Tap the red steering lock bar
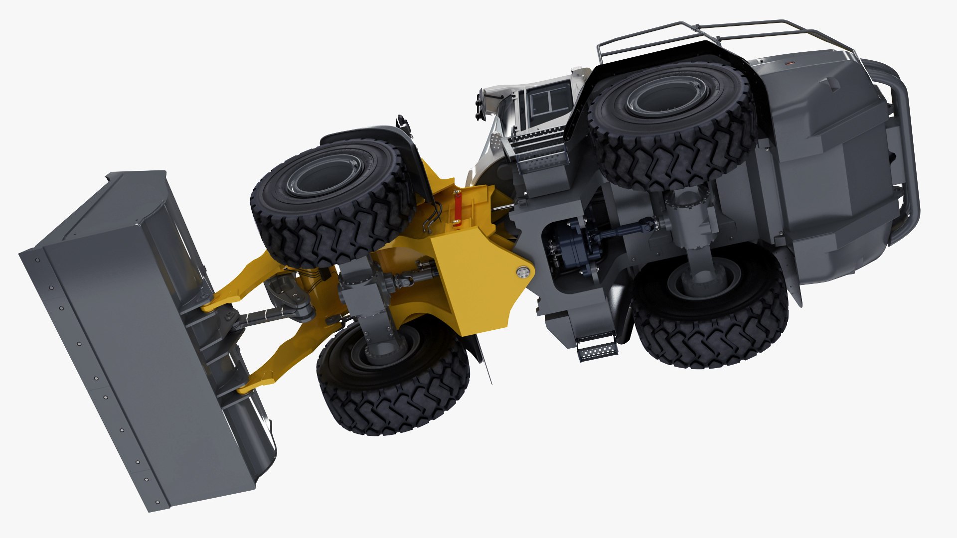coord(456,209)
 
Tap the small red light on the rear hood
coord(789,63)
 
